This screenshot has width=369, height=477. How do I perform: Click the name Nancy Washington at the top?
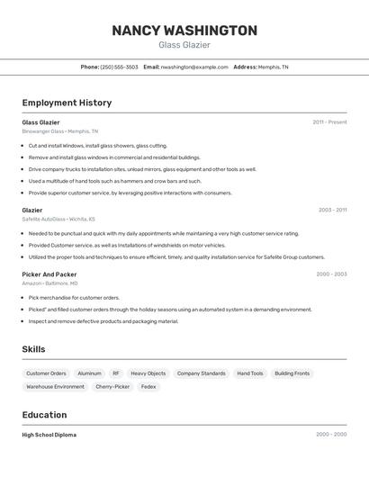[x=184, y=31]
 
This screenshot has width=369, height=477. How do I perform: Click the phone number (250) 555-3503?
[x=120, y=67]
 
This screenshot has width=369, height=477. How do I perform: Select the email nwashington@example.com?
[x=194, y=67]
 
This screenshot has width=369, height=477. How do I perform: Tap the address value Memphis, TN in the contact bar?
[x=273, y=67]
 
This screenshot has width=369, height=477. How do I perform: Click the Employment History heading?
[x=67, y=103]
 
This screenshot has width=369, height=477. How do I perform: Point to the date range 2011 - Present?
[x=329, y=122]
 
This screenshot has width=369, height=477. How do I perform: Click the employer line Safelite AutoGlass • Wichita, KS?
[x=58, y=219]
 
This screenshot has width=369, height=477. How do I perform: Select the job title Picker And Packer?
[x=49, y=274]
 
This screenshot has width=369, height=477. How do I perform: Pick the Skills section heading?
[x=34, y=349]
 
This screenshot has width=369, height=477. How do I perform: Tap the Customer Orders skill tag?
[x=46, y=373]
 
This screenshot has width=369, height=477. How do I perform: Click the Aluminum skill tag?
[x=89, y=373]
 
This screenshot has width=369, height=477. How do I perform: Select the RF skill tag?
[x=116, y=373]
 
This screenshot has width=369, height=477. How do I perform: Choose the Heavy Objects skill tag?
[x=148, y=373]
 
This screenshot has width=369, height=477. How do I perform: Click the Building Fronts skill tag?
[x=292, y=373]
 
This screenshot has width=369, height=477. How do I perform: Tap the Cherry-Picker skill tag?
[x=112, y=387]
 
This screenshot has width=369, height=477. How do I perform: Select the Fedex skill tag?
[x=148, y=387]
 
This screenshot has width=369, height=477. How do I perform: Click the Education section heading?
[x=44, y=415]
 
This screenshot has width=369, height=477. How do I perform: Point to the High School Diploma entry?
[x=49, y=435]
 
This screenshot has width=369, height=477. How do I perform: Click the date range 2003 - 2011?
[x=332, y=210]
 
